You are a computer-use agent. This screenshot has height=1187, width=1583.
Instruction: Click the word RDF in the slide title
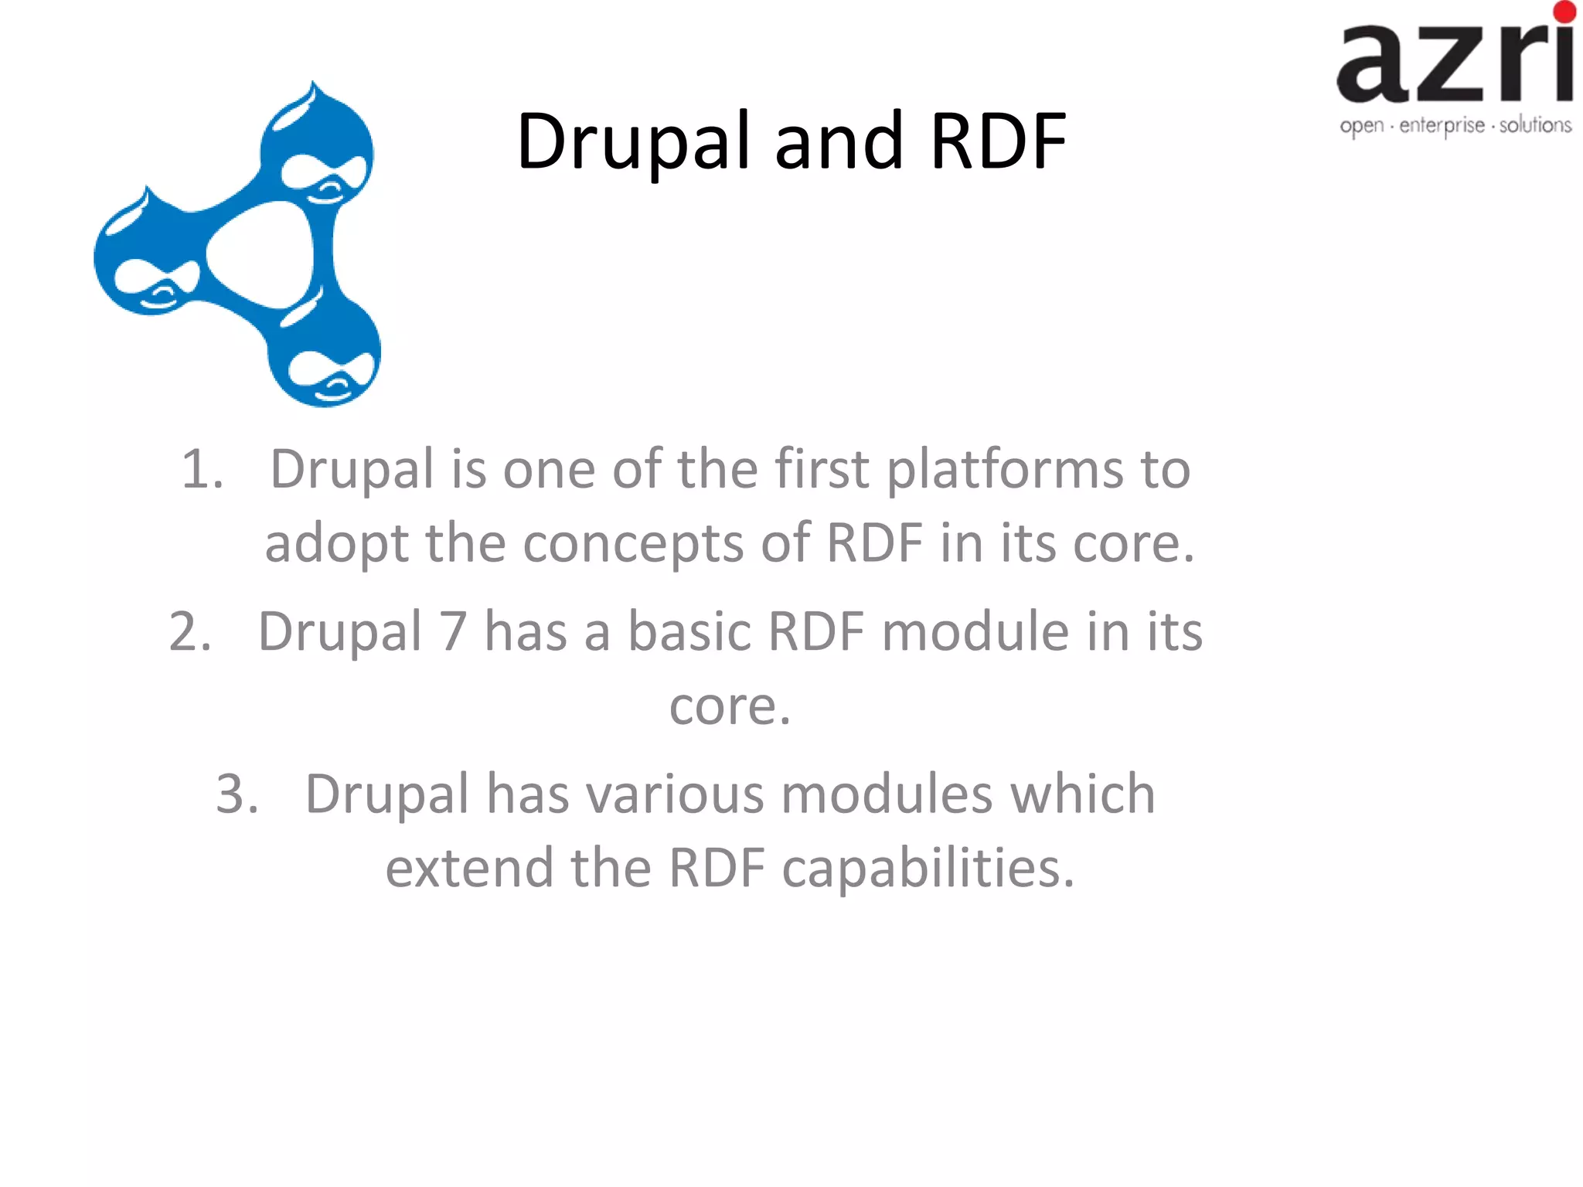pos(999,141)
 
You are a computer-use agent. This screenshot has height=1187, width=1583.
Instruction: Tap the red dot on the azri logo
pos(1564,11)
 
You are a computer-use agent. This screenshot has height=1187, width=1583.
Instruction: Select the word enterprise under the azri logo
pos(1442,126)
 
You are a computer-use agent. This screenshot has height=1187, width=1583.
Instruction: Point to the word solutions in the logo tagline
pos(1535,125)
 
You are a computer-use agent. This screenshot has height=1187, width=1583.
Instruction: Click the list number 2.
pos(190,631)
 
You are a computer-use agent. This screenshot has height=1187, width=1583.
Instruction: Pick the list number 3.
pos(237,794)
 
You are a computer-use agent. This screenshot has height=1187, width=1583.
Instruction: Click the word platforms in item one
pos(1004,470)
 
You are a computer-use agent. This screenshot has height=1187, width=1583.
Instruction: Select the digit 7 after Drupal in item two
pos(453,631)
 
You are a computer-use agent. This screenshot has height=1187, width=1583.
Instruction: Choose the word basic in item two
pos(689,631)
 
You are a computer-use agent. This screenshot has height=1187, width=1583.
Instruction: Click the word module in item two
pos(975,631)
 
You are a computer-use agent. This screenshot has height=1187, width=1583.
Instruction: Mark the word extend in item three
pos(469,868)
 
